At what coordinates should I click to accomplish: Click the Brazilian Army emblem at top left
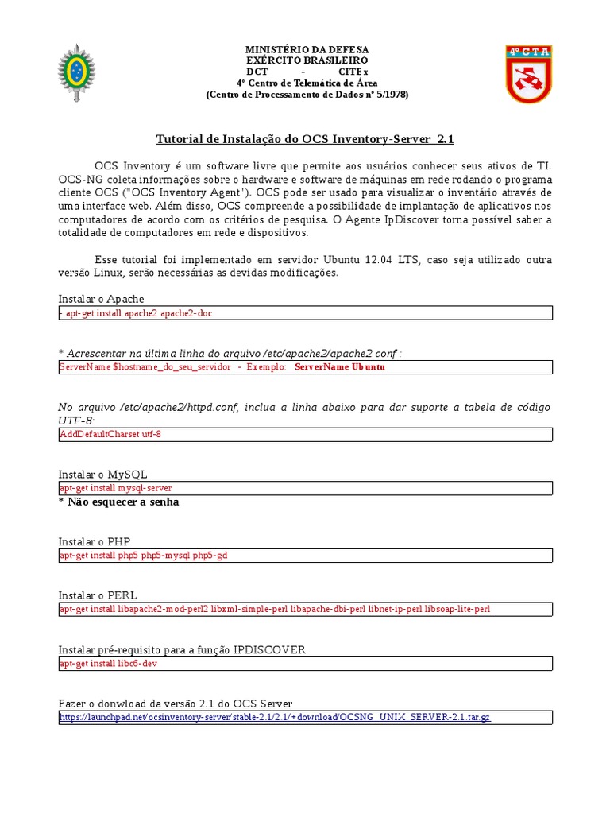(76, 73)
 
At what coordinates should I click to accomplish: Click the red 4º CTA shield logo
(529, 74)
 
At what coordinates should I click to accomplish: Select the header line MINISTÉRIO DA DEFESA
(307, 49)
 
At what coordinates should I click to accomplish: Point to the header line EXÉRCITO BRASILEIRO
(307, 60)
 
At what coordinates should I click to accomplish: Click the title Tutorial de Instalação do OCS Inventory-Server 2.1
(305, 139)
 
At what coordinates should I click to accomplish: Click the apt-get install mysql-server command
(116, 488)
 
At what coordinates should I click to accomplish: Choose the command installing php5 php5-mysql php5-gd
(144, 556)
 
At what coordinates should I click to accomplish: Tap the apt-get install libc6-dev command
(108, 664)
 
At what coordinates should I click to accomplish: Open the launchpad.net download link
(275, 717)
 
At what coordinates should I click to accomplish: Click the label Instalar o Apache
(102, 299)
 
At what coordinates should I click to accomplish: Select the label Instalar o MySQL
(103, 475)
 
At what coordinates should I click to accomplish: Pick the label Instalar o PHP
(95, 541)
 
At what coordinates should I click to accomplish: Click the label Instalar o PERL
(97, 595)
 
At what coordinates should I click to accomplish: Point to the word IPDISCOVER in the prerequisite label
(269, 650)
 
